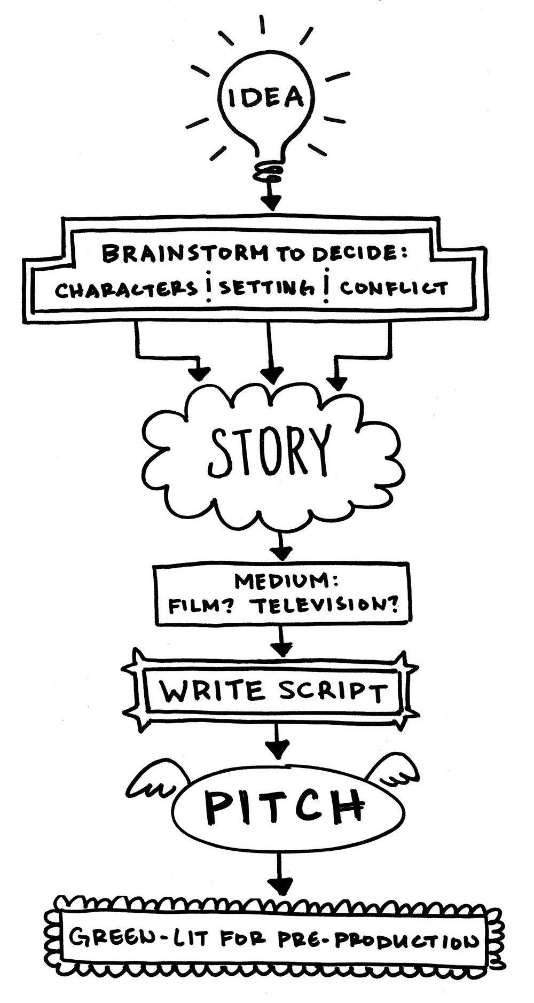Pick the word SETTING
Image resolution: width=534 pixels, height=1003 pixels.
click(x=265, y=289)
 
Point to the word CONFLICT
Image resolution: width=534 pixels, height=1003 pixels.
click(x=394, y=289)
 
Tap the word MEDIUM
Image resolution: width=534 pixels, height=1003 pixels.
click(x=283, y=581)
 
